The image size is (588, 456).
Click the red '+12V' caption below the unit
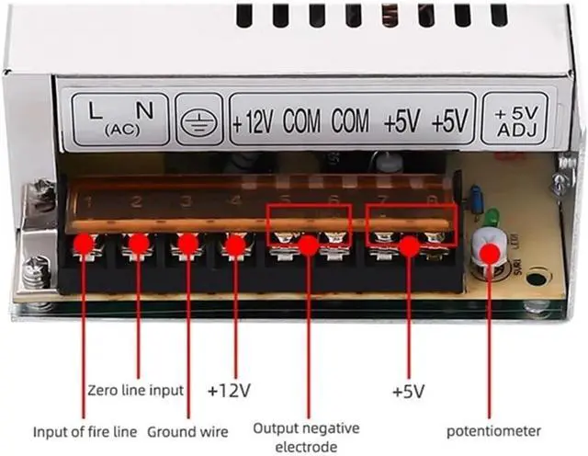[230, 390]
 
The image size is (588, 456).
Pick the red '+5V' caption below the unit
[408, 392]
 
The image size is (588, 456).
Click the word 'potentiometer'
[493, 430]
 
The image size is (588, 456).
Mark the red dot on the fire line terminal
[85, 245]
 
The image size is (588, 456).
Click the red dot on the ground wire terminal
[187, 245]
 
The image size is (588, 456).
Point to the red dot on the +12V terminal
[236, 245]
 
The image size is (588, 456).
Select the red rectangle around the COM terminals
[309, 224]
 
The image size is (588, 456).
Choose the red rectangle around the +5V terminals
[411, 224]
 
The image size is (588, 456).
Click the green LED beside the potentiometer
[492, 219]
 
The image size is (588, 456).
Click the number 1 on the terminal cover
[88, 200]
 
